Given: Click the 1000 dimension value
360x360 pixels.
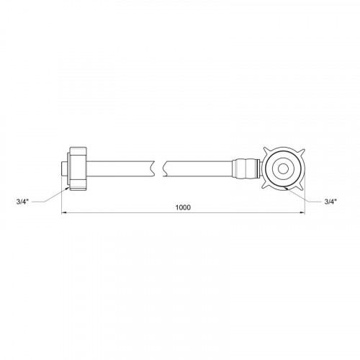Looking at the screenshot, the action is point(183,207).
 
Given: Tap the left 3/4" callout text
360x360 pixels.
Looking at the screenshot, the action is point(22,202).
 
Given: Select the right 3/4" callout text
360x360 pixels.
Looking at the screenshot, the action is point(330,202).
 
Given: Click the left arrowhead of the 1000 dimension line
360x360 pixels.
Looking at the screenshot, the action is point(64,212).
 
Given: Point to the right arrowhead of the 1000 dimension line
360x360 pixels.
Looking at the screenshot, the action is point(302,212).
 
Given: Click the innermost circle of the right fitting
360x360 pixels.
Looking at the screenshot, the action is point(284,169).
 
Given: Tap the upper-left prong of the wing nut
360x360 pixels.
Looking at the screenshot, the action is point(266,150).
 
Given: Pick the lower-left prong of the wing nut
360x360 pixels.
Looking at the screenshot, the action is point(266,186).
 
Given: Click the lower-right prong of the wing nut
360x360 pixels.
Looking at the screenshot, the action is point(302,186).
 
